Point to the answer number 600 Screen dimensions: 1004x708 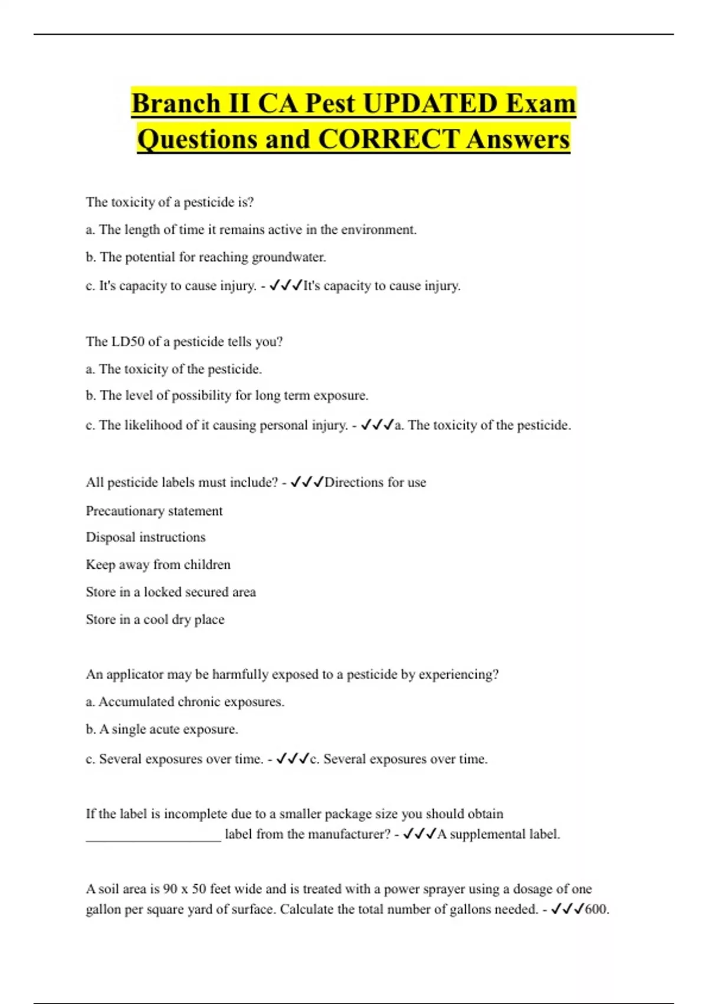click(596, 910)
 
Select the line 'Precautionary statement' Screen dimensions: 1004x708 click(154, 511)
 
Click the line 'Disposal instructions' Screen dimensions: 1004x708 click(146, 537)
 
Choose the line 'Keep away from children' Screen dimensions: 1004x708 click(158, 565)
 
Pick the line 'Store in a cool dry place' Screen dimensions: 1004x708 click(155, 620)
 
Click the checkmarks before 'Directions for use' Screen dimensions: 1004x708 click(307, 483)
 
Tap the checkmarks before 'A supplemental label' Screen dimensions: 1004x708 click(419, 835)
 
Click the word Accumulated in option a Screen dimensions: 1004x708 click(136, 702)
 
